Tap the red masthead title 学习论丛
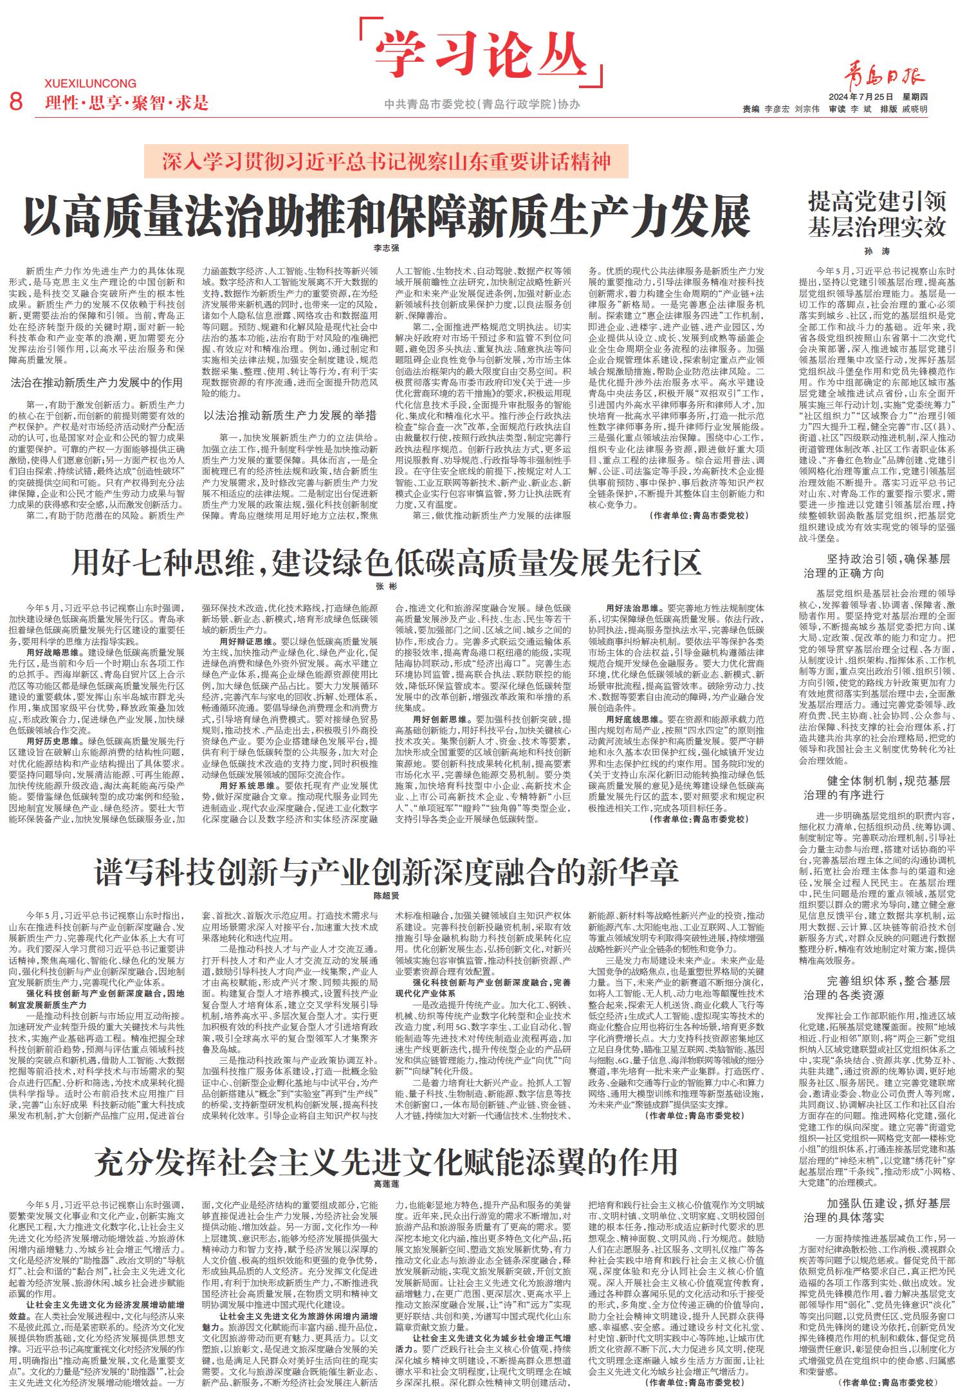coord(481,52)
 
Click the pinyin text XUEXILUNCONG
coord(91,84)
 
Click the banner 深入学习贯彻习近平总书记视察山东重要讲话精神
coord(386,160)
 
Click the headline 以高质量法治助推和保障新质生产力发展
coord(387,217)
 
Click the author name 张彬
coord(386,587)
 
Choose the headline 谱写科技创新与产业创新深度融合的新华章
coord(386,872)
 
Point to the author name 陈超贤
coord(386,895)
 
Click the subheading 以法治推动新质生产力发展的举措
coord(289,416)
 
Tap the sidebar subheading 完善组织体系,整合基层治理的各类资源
coord(878,987)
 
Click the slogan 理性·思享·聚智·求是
coord(127,102)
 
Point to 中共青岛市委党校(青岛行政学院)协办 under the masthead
coord(481,104)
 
